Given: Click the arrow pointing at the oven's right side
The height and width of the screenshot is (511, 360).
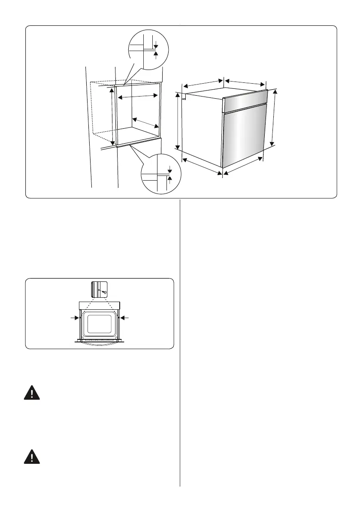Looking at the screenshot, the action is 126,318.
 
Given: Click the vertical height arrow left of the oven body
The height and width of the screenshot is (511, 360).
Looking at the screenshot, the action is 178,121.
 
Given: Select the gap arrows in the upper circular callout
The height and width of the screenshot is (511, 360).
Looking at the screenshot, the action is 156,48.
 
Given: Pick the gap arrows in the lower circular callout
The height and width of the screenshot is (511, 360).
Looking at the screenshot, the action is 169,174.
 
